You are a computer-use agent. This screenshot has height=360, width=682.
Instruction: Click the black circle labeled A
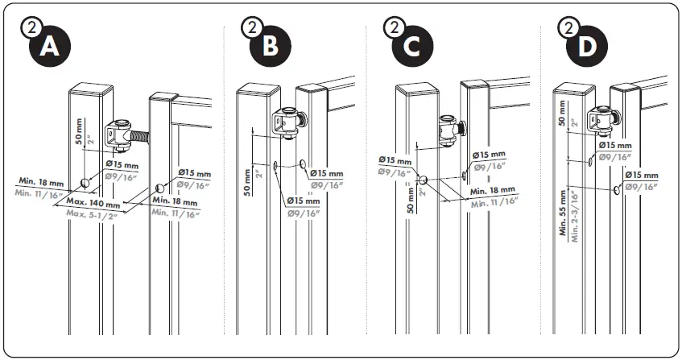click(x=51, y=46)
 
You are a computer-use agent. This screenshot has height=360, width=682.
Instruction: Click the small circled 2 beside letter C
click(x=395, y=27)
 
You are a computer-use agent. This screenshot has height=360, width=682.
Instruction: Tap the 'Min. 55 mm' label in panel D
click(x=563, y=211)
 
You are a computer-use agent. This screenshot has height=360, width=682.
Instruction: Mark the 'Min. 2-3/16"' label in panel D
click(x=573, y=213)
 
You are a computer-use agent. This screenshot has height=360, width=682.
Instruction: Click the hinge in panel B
click(x=284, y=123)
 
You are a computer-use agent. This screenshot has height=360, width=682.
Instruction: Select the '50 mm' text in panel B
click(x=247, y=180)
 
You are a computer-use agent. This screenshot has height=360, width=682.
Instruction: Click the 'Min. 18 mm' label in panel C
click(x=491, y=191)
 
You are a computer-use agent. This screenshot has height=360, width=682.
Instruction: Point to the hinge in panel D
click(x=603, y=121)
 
